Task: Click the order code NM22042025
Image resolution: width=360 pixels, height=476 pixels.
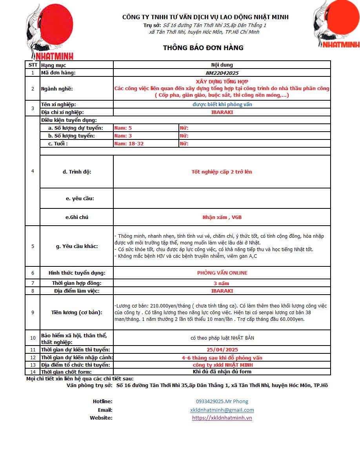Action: pyautogui.click(x=222, y=73)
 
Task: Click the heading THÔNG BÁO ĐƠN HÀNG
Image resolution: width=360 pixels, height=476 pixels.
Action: pyautogui.click(x=203, y=48)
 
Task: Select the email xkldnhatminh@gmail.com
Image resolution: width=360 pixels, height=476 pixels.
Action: pyautogui.click(x=222, y=410)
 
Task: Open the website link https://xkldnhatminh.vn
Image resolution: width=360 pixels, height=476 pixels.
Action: pyautogui.click(x=222, y=418)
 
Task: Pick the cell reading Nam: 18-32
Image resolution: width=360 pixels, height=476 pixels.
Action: pyautogui.click(x=129, y=144)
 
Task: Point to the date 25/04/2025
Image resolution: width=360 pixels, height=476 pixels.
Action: pyautogui.click(x=222, y=349)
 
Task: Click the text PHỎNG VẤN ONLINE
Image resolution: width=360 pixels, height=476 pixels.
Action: pyautogui.click(x=222, y=273)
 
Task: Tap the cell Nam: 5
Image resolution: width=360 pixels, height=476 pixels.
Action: pyautogui.click(x=123, y=128)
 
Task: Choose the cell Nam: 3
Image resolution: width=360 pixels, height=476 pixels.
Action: pyautogui.click(x=123, y=136)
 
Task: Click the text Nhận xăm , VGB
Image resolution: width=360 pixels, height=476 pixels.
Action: pyautogui.click(x=222, y=217)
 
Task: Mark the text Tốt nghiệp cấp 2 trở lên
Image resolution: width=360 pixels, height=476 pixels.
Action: pyautogui.click(x=222, y=172)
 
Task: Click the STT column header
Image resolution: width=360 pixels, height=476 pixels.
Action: pyautogui.click(x=33, y=65)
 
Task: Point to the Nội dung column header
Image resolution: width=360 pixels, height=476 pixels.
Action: pyautogui.click(x=222, y=65)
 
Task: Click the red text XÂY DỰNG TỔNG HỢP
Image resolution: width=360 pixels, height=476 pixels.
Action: pyautogui.click(x=222, y=82)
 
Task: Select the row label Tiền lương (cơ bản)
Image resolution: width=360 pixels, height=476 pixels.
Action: pyautogui.click(x=77, y=312)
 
